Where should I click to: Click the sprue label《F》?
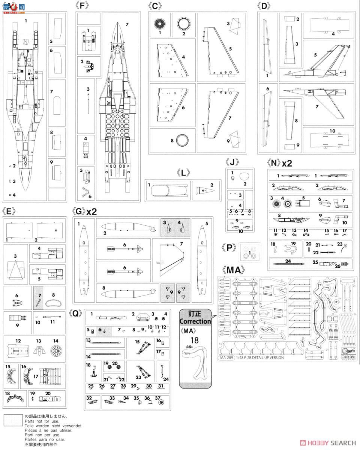click(x=84, y=6)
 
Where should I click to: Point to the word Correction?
click(x=195, y=321)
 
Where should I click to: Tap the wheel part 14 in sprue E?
click(x=55, y=351)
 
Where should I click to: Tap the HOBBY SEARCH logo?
click(x=330, y=443)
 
